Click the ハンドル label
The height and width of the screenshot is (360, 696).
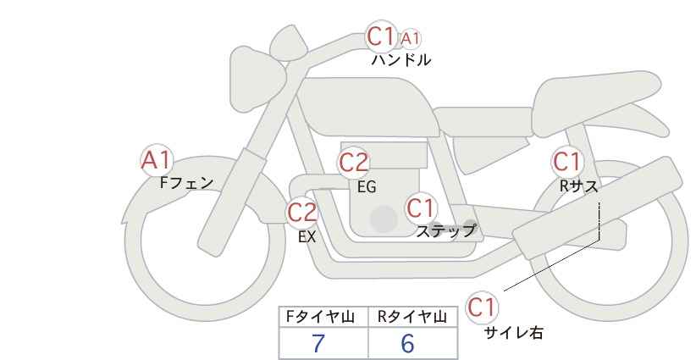click(x=400, y=59)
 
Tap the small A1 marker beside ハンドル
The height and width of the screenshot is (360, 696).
click(x=410, y=39)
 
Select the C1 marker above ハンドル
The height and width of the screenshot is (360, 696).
click(x=381, y=36)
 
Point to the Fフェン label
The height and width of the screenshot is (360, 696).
click(x=186, y=183)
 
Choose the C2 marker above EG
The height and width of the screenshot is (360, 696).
click(x=353, y=163)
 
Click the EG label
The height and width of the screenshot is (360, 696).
click(x=367, y=187)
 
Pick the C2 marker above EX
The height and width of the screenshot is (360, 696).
click(x=301, y=212)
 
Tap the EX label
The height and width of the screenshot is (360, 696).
click(x=307, y=237)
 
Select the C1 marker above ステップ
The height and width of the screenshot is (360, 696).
click(x=421, y=208)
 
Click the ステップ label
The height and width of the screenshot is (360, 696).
click(x=445, y=231)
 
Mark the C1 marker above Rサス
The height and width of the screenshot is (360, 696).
click(x=566, y=162)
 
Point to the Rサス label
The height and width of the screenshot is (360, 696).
click(x=578, y=186)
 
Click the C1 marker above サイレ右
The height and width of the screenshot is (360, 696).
click(x=482, y=307)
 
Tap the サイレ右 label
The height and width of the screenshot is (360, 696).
click(x=513, y=333)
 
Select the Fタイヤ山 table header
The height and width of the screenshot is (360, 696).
click(x=320, y=318)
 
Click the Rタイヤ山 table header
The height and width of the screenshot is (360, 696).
click(x=412, y=318)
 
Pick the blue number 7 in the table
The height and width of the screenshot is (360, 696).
click(x=318, y=343)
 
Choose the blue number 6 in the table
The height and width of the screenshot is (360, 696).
click(x=407, y=343)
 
